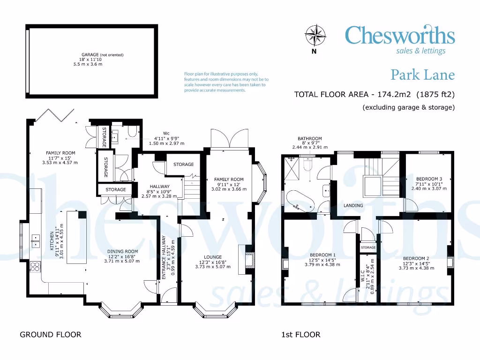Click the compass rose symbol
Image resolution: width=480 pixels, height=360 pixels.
(314, 35)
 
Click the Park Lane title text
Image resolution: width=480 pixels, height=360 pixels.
(422, 75)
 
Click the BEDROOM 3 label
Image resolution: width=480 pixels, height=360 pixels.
(429, 179)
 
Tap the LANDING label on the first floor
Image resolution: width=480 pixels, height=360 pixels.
(353, 205)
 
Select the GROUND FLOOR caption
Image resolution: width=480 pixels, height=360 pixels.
(50, 335)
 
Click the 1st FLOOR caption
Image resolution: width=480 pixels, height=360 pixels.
(300, 335)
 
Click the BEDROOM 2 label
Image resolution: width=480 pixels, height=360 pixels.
(416, 258)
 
